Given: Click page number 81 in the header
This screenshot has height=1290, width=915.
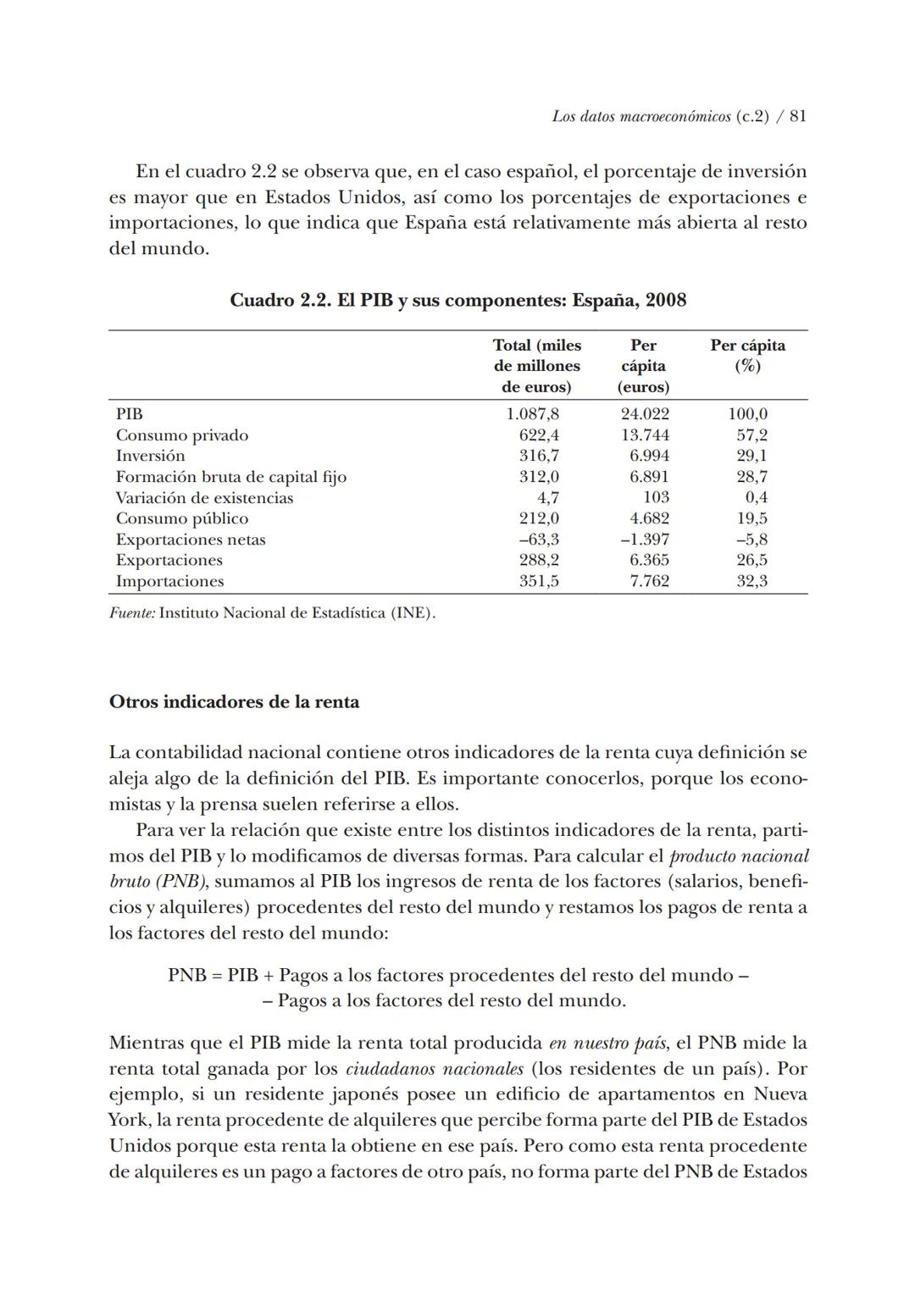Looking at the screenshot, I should coord(797,117).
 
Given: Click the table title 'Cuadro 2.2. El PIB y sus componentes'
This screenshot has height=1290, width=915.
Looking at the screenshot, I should coord(457,301).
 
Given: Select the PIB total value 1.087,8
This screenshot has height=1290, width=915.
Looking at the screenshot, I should coord(532,414).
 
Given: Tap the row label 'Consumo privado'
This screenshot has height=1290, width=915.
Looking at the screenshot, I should coord(182,435).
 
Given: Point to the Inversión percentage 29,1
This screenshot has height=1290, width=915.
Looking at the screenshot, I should coord(751,456).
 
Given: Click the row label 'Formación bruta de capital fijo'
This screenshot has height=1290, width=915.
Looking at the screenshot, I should coord(231,477).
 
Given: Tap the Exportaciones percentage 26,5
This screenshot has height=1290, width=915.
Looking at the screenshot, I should coord(751,560).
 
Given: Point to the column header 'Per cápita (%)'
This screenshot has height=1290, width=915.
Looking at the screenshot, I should coord(747,356).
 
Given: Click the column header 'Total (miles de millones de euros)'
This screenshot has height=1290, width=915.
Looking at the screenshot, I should coord(537,366).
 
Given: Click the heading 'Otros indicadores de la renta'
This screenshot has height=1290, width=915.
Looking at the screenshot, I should coord(234,702).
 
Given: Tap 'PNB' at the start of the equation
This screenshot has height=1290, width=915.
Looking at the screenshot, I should coord(186,975).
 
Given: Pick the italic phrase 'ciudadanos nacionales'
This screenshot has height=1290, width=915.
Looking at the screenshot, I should coord(435,1069).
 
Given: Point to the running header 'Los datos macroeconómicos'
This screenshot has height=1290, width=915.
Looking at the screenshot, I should coord(640,117).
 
